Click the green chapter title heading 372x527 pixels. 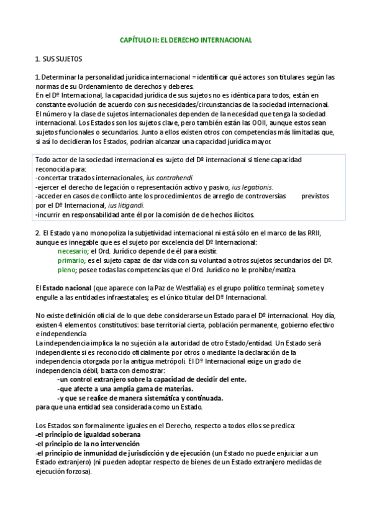pos(185,40)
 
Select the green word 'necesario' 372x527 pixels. pos(73,250)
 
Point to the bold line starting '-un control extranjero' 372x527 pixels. pos(152,379)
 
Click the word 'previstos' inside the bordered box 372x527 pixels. pos(315,196)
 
